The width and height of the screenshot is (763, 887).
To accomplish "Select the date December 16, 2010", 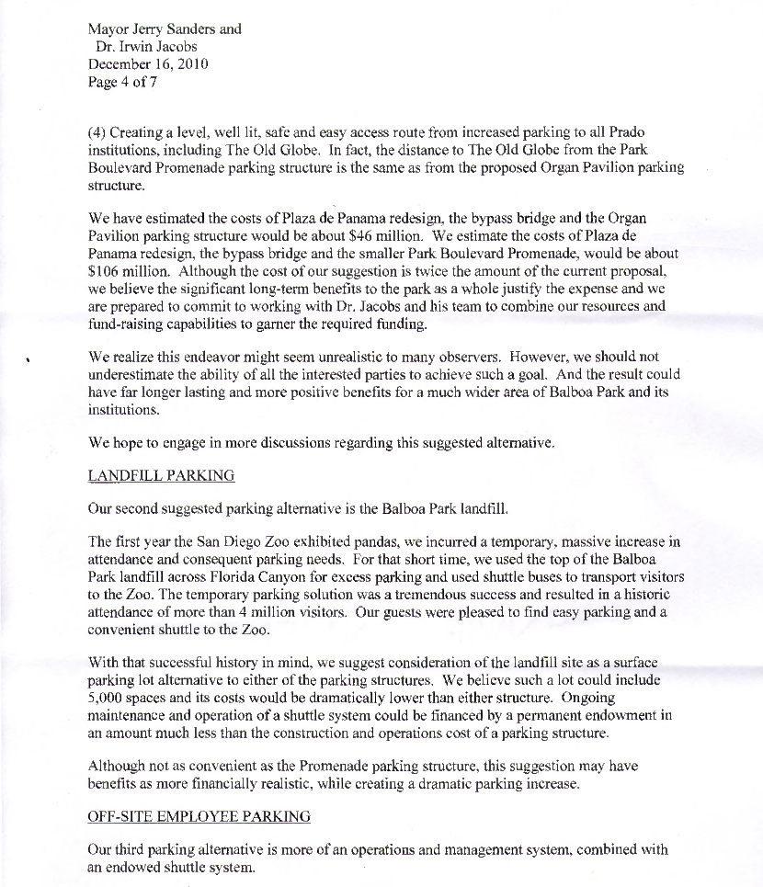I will tap(147, 64).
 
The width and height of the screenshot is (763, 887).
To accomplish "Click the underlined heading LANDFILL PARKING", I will tap(161, 476).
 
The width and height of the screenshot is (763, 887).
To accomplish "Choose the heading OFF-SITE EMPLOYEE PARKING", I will tap(199, 816).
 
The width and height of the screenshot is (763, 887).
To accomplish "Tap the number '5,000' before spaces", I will tap(107, 698).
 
